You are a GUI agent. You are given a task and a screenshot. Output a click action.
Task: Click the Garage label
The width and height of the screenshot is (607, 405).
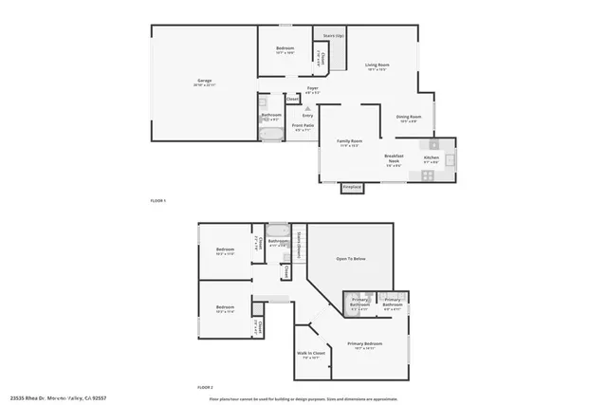click(x=204, y=83)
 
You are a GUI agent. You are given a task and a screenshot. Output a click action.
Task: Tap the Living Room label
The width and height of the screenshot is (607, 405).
click(x=377, y=66)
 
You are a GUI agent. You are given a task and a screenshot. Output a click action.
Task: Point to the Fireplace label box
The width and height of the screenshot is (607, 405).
click(x=352, y=188)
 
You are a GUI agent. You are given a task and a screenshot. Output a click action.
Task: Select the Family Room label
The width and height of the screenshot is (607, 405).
click(x=350, y=142)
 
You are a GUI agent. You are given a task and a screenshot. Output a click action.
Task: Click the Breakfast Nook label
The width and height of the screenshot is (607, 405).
click(x=395, y=157)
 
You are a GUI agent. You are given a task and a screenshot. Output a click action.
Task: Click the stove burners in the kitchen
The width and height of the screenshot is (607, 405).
click(x=428, y=175)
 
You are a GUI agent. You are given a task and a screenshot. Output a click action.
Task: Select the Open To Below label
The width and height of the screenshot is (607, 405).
click(x=351, y=258)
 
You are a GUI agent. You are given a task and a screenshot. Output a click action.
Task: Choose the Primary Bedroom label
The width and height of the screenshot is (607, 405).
click(x=364, y=344)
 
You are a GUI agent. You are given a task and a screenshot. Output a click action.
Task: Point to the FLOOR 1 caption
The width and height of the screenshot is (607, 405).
click(x=158, y=201)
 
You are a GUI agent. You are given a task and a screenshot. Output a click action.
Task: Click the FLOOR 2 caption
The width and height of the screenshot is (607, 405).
click(x=205, y=388)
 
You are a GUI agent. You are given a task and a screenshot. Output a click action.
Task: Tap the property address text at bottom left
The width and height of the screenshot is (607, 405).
click(x=59, y=398)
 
